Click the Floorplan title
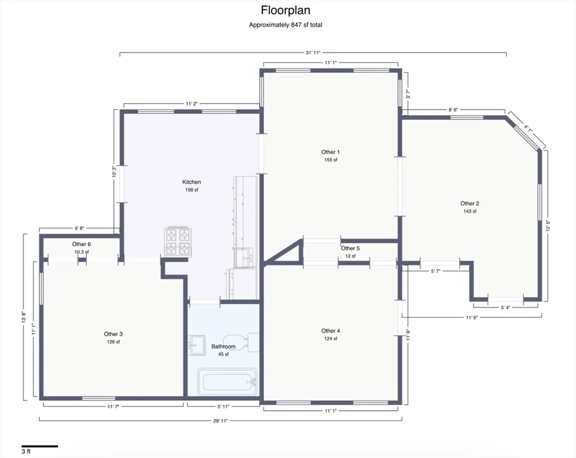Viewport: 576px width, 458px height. (285, 10)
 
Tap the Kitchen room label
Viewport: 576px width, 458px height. (192, 182)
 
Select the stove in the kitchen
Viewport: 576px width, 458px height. (178, 242)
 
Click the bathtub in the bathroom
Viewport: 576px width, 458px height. (228, 382)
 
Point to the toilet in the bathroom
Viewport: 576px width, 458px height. (241, 342)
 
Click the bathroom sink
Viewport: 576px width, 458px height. (197, 345)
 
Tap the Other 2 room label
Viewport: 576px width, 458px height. (470, 203)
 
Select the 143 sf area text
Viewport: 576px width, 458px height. (470, 212)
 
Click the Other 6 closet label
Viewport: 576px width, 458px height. (82, 245)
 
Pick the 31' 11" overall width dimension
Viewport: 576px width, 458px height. (313, 52)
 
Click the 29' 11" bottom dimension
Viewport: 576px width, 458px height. (221, 421)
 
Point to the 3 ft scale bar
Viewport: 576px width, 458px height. (40, 447)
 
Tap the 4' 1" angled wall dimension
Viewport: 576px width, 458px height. (528, 129)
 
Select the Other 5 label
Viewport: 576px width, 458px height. (350, 248)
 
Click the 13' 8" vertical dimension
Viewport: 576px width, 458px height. (23, 317)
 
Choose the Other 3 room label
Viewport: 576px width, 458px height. (113, 334)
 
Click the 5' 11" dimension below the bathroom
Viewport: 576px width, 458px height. (223, 407)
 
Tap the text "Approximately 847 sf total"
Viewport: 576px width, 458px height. (285, 25)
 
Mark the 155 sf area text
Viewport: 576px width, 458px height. (331, 160)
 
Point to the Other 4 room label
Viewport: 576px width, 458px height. (331, 331)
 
